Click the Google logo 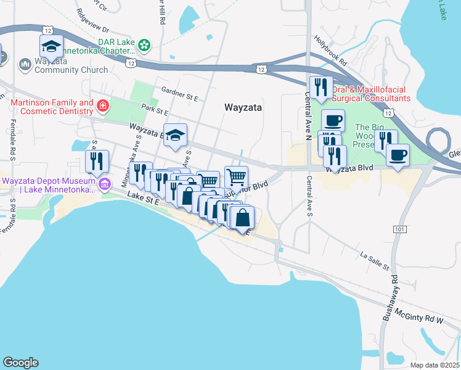click(x=20, y=363)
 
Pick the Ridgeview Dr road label click(x=93, y=28)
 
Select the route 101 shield click(x=398, y=229)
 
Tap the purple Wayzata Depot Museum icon click(x=105, y=184)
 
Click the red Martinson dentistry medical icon click(x=102, y=108)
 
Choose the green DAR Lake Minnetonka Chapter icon click(x=144, y=44)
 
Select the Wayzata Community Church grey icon click(x=25, y=64)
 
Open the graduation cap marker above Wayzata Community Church click(x=52, y=46)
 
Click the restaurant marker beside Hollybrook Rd click(x=320, y=88)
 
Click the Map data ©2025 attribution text click(x=434, y=364)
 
